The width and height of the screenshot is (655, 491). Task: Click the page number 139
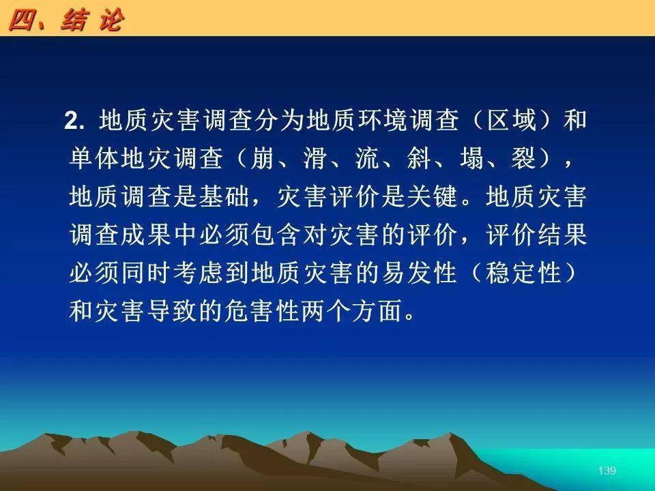click(x=607, y=471)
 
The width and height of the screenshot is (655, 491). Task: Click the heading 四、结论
click(x=66, y=20)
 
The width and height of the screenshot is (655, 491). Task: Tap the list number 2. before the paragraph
click(x=74, y=121)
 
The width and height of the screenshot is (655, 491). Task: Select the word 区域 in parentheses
click(x=512, y=120)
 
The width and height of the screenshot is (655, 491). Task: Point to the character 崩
click(x=262, y=159)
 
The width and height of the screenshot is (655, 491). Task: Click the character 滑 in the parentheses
click(x=314, y=159)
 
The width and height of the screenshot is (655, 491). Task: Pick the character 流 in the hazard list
click(x=366, y=159)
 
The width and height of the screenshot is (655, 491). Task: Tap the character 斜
click(x=418, y=159)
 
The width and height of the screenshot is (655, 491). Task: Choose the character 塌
click(x=471, y=159)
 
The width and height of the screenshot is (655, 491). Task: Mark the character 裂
click(x=523, y=159)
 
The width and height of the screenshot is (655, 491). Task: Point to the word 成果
click(x=146, y=235)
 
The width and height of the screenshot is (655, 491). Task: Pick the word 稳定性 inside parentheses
click(x=523, y=274)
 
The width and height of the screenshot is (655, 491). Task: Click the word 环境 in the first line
click(x=381, y=120)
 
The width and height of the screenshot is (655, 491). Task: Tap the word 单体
click(x=93, y=159)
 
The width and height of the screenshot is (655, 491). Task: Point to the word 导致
click(x=172, y=312)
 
